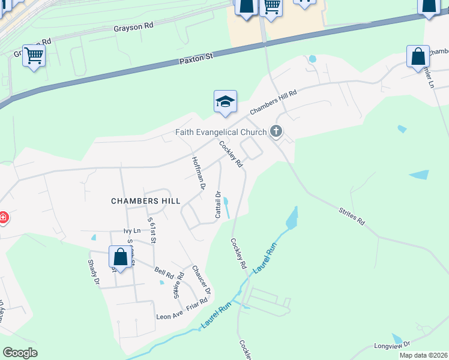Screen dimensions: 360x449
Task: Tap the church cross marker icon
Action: coord(276,131)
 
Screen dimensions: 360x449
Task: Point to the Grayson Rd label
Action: coord(133,28)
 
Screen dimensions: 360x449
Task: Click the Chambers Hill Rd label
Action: coord(273,102)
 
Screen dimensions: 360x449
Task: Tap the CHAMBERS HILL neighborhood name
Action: coord(146,201)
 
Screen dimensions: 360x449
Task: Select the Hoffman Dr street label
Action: coord(199,173)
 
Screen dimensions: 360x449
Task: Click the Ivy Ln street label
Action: coord(131,230)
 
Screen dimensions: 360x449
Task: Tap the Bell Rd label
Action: coord(164,274)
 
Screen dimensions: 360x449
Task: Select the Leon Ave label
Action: coord(169,316)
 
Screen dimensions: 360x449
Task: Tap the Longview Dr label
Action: coord(391,346)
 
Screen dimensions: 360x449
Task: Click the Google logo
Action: coord(20,353)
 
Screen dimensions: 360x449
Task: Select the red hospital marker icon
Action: coord(2,217)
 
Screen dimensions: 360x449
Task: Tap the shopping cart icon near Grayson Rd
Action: coord(34,56)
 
